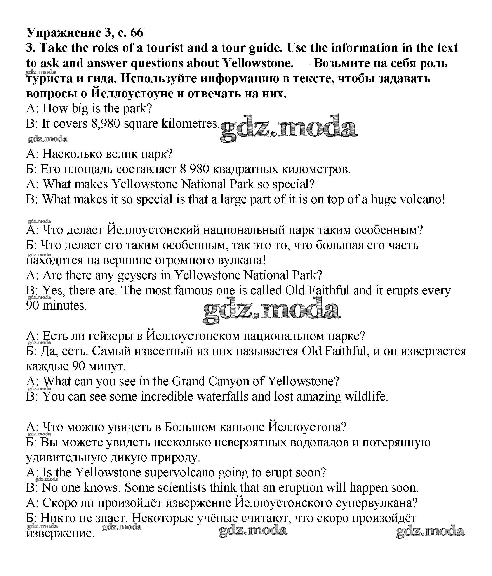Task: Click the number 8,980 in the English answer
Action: (x=106, y=124)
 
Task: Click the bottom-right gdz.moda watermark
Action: (x=430, y=531)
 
